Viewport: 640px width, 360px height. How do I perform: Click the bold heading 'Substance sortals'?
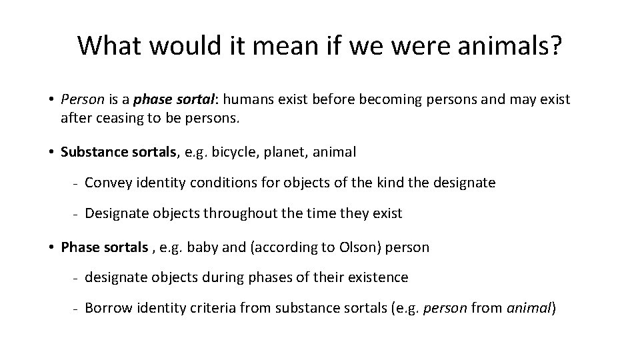pos(119,152)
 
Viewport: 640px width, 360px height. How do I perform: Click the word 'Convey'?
pos(105,183)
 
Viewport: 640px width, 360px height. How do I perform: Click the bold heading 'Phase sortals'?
pos(104,247)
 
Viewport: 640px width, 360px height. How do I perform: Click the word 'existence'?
pos(379,277)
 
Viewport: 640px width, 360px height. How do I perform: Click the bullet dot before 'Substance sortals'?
pos(51,152)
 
